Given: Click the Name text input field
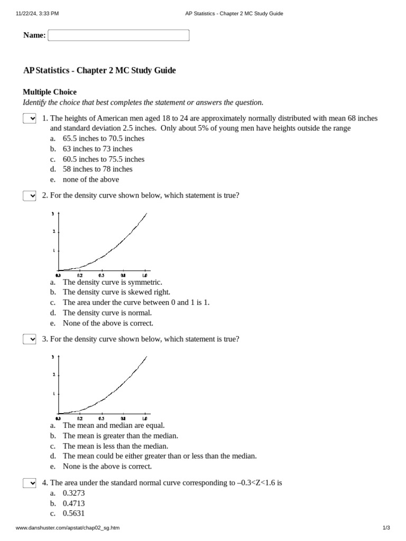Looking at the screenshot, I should (x=118, y=35).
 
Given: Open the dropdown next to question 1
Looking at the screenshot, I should (x=29, y=118).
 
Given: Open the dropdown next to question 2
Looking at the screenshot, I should (x=29, y=196).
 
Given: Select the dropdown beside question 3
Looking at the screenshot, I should (x=29, y=339).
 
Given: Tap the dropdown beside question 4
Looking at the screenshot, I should (x=29, y=483).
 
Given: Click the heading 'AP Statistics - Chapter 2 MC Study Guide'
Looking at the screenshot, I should (x=99, y=70).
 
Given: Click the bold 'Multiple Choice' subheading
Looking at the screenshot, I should (x=50, y=92).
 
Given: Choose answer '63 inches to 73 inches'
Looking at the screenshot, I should (x=97, y=149).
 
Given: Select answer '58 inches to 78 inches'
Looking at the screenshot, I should (x=97, y=169).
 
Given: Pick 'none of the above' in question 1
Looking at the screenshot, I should (x=90, y=180).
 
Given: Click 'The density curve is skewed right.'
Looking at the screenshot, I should (x=116, y=292).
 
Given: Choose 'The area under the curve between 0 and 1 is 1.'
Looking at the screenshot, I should (x=136, y=303).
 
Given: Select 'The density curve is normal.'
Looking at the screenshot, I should (x=107, y=313).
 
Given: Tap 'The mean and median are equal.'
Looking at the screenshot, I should (x=114, y=425).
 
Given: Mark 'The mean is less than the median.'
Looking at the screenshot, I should (x=115, y=446).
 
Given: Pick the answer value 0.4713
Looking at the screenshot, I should (x=73, y=503).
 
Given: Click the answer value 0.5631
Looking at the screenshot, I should (x=73, y=514).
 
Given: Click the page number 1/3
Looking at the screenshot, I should (x=386, y=528).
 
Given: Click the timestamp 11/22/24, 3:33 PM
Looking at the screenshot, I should (x=37, y=14).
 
